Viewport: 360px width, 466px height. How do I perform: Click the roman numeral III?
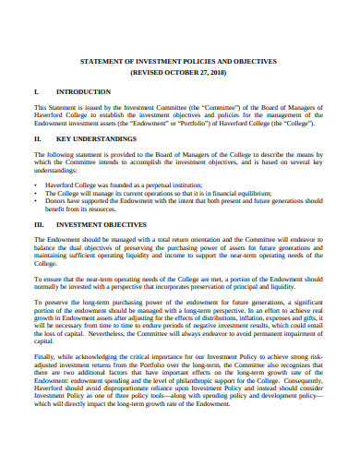click(39, 223)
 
